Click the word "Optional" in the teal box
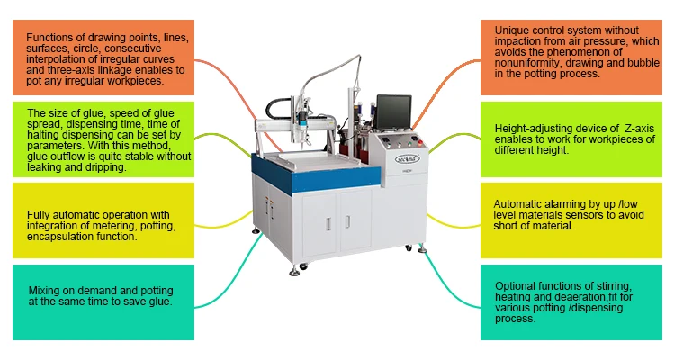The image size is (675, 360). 516,285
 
